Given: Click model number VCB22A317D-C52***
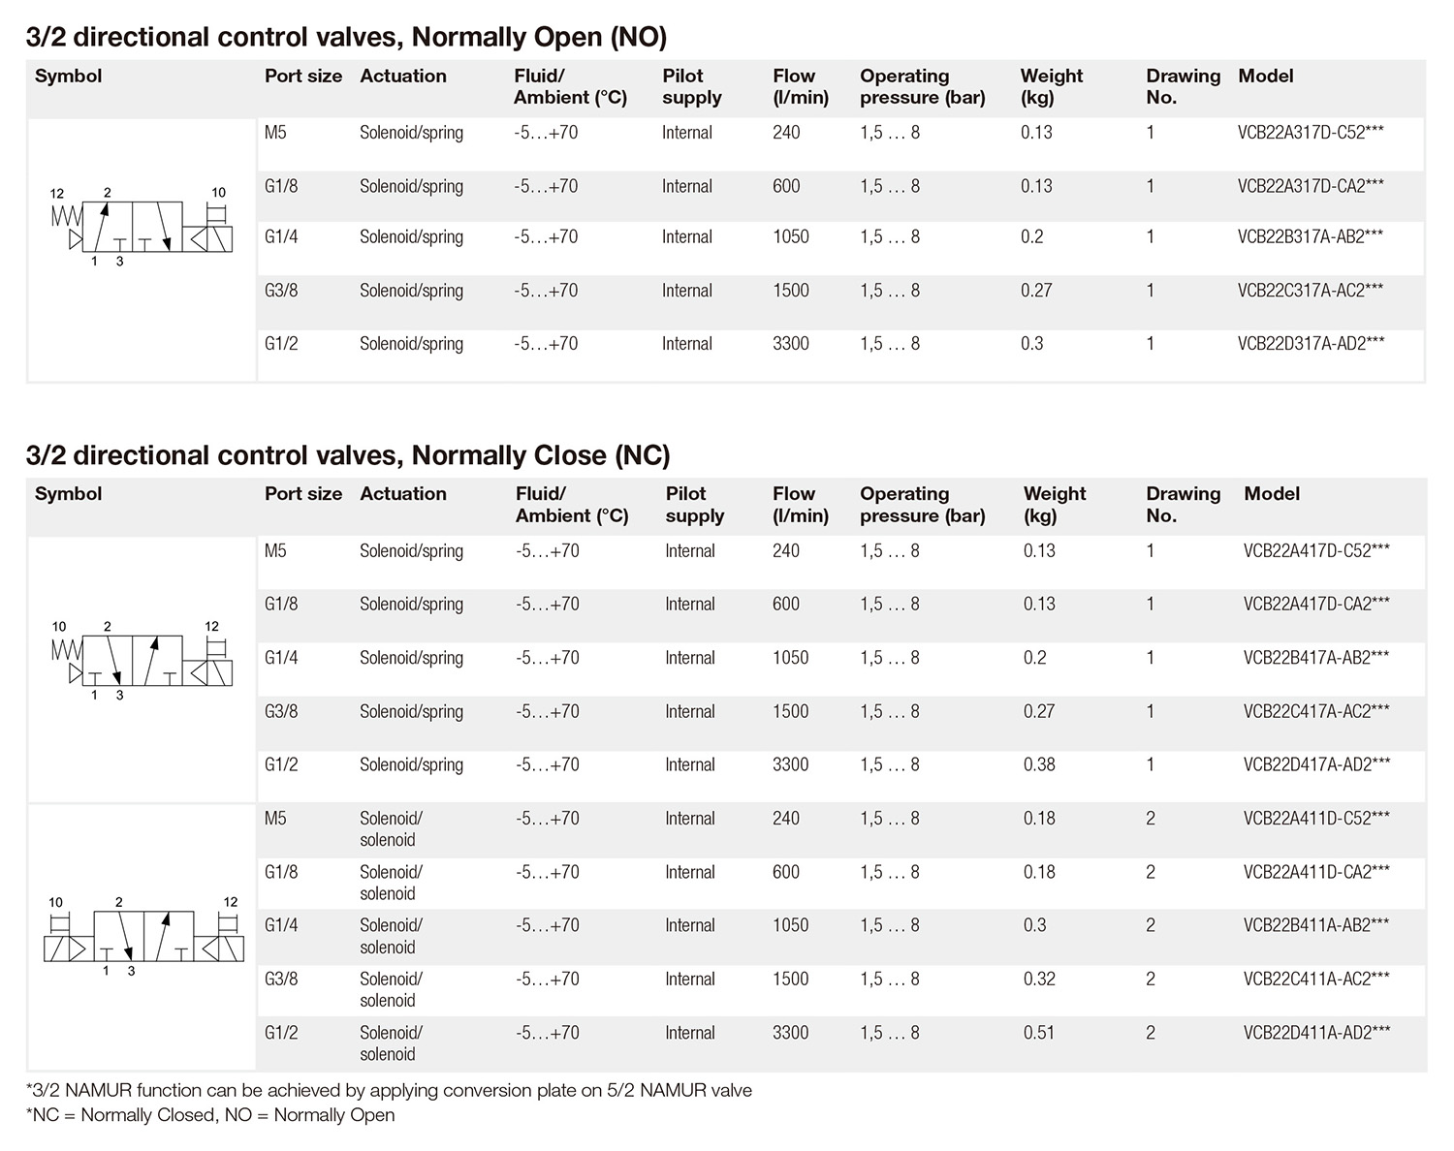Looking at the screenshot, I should coord(1310,133).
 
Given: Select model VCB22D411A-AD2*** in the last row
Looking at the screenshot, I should coord(1316,1033).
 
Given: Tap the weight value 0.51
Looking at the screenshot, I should coord(1038,1033).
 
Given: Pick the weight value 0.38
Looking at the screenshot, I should coord(1039,764).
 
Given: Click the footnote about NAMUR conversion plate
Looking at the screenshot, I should coord(389,1090).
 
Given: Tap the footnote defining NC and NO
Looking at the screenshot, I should coord(210,1115).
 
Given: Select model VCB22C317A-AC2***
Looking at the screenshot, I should coord(1310,291).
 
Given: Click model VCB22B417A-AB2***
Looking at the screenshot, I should coord(1315,658).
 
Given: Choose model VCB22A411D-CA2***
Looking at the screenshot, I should coord(1315,872).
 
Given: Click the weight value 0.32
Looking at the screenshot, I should coord(1038,979).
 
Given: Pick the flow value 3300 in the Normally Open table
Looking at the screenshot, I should coord(790,344).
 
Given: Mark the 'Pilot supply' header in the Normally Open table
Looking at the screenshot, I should coord(691,86).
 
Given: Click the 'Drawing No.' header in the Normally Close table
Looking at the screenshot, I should coord(1183,504).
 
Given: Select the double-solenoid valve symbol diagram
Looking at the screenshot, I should coord(142,936).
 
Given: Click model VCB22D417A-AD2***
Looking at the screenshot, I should coord(1316,764).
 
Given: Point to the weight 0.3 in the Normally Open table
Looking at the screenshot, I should coord(1031,344).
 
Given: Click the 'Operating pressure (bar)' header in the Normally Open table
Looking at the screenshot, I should coord(922,86).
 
